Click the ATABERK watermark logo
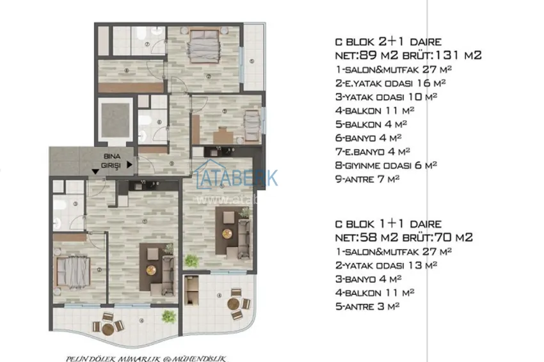point(235,177)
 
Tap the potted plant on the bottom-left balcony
point(168,316)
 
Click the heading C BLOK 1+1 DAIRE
point(388,224)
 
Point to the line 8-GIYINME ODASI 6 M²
point(386,165)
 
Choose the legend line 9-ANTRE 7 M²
point(368,178)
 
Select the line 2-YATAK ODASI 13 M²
point(386,265)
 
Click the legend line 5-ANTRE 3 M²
point(368,306)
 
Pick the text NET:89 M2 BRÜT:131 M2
point(408,55)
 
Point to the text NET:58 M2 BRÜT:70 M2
point(404,237)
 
